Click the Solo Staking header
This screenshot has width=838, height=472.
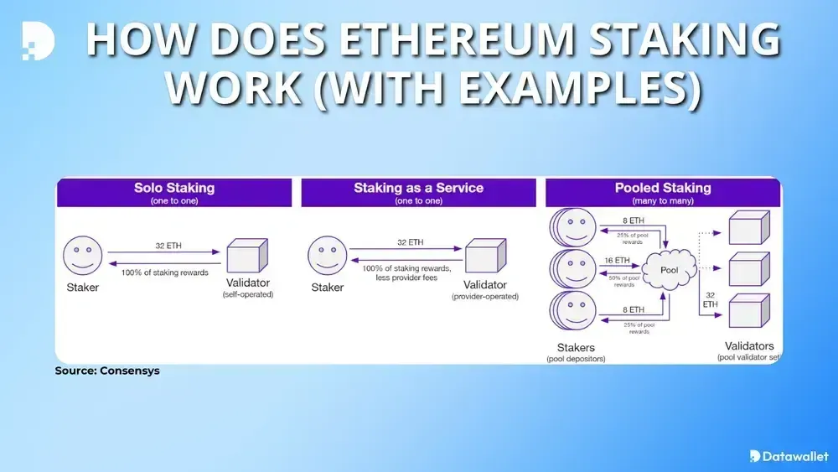[173, 188]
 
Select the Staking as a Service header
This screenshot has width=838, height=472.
[418, 188]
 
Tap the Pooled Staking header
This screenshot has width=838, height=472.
[662, 188]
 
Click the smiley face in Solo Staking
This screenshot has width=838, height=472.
[84, 254]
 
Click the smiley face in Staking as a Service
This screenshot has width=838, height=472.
[328, 254]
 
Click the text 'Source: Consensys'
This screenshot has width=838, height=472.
[107, 371]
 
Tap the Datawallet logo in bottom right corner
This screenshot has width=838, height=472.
[789, 456]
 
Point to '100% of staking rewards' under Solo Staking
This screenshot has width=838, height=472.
[164, 273]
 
